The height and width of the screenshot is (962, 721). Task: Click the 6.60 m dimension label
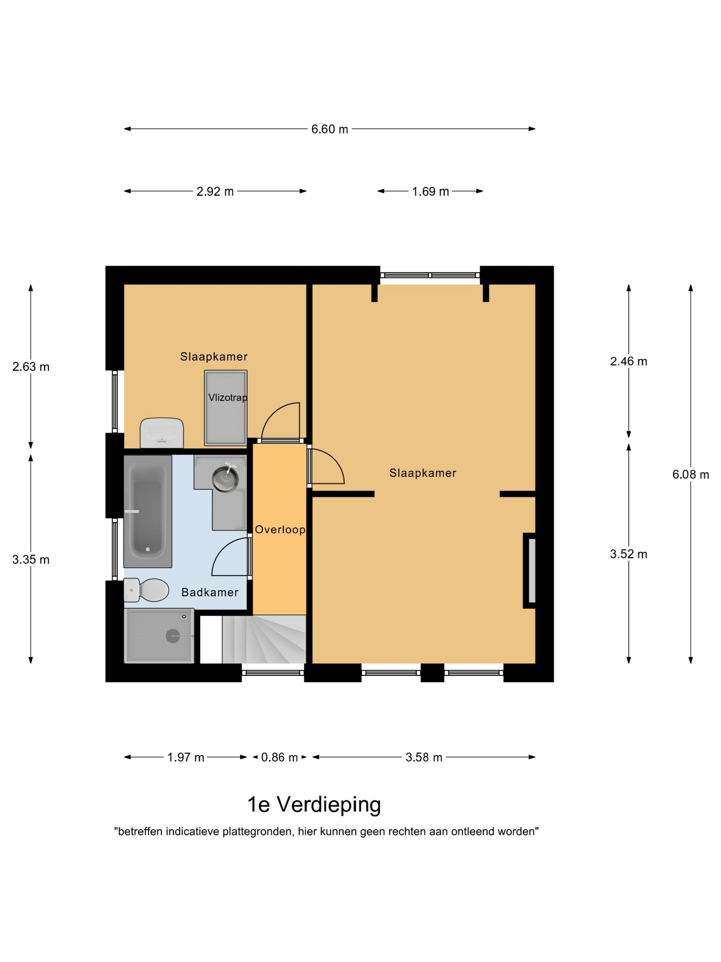pyautogui.click(x=329, y=129)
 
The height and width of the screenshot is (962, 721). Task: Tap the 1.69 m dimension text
pyautogui.click(x=430, y=191)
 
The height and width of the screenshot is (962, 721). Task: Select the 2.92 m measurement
pyautogui.click(x=215, y=191)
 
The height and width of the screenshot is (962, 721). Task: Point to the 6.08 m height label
pyautogui.click(x=690, y=474)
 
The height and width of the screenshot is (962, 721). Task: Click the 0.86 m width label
pyautogui.click(x=279, y=758)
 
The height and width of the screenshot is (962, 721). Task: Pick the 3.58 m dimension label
pyautogui.click(x=424, y=758)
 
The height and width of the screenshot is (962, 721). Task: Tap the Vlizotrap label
pyautogui.click(x=228, y=398)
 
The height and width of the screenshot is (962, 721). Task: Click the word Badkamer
pyautogui.click(x=210, y=592)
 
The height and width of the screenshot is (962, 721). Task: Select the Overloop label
pyautogui.click(x=280, y=530)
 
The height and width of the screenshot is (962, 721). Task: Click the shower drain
pyautogui.click(x=173, y=636)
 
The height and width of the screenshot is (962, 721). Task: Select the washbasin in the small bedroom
pyautogui.click(x=162, y=433)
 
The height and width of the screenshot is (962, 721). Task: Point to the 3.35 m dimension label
pyautogui.click(x=31, y=560)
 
